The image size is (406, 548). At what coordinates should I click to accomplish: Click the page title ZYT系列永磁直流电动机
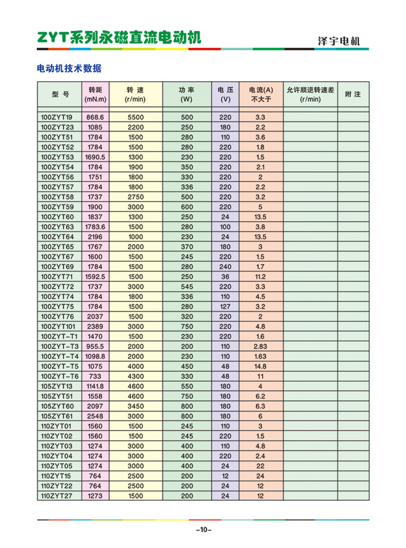point(119,37)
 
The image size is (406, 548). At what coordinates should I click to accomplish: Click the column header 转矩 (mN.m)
point(95,94)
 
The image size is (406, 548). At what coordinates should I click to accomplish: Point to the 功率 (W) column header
point(187,94)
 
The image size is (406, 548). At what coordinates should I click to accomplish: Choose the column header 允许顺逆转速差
point(310,94)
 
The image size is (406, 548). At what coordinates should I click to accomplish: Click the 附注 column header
point(352,94)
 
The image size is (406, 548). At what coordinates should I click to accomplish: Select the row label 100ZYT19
point(57,117)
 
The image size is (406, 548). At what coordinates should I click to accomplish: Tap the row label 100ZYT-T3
point(60,346)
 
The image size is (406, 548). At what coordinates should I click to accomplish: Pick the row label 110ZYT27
point(57,495)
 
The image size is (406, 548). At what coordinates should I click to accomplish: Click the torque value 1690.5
point(95,157)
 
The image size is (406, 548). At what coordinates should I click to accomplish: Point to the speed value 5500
point(135,117)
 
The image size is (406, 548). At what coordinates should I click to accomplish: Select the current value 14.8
point(260,366)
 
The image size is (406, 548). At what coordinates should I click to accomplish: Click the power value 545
point(187,286)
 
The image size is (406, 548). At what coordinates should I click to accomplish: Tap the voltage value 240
point(225,266)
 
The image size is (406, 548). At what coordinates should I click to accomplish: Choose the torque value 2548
point(95,416)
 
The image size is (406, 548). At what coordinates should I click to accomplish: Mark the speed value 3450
point(135,406)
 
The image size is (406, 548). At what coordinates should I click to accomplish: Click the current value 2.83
point(260,346)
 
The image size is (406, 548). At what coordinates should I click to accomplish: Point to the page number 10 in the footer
point(203,530)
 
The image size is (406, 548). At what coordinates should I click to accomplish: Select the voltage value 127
point(225,306)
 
